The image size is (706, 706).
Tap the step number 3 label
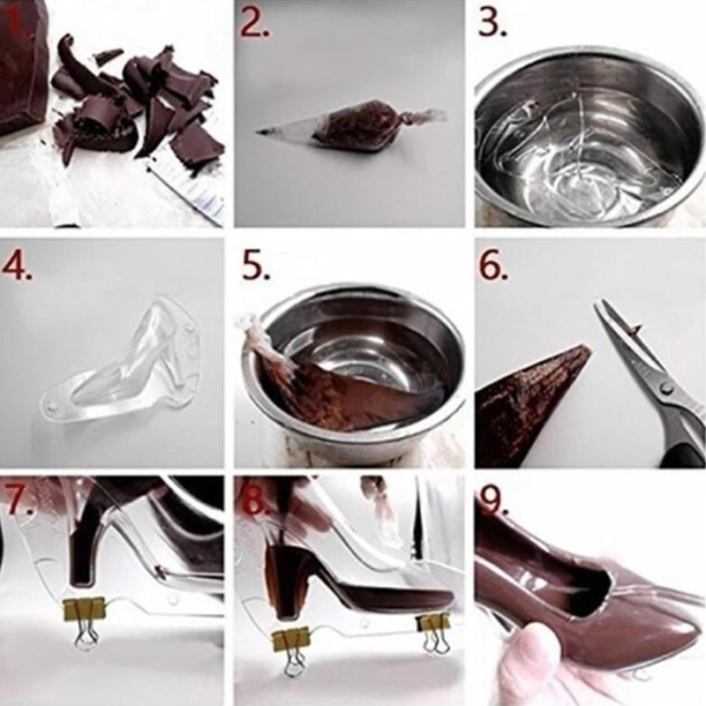(492, 23)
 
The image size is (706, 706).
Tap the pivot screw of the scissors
(665, 387)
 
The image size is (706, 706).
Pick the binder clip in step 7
(84, 620)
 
